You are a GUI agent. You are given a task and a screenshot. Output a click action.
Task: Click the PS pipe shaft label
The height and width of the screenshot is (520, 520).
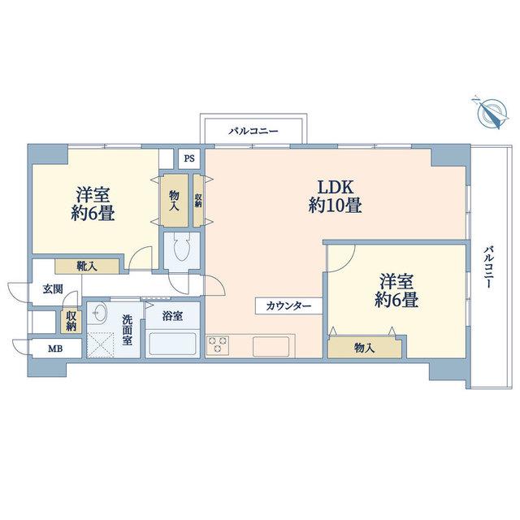189,158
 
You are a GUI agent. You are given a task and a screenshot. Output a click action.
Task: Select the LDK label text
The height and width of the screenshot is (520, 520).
336,188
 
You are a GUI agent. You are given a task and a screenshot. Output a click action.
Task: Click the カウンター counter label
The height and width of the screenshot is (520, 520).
289,305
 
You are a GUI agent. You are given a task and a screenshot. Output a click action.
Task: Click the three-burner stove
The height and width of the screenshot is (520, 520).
218,344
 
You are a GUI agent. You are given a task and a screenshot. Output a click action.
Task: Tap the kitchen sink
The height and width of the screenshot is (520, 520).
271,347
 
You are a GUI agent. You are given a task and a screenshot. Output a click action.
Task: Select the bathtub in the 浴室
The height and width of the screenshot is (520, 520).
173,344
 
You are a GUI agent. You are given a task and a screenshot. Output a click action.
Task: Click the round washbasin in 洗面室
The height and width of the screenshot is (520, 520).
98,312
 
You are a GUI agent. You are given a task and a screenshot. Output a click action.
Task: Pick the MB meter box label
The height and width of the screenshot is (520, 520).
55,349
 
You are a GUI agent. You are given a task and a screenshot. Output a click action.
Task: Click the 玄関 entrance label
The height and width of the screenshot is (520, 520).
53,289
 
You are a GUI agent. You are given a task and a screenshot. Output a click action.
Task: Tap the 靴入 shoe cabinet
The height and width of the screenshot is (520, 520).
87,266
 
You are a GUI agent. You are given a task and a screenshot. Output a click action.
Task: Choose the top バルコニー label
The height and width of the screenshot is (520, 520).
253,132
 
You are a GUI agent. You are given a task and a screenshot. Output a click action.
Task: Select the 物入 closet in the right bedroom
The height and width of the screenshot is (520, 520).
365,348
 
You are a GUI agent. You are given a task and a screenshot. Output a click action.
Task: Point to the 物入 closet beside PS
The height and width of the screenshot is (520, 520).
174,201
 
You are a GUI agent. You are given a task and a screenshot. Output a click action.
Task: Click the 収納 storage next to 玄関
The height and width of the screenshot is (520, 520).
71,322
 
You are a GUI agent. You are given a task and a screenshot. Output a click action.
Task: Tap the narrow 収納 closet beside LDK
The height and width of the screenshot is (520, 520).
198,201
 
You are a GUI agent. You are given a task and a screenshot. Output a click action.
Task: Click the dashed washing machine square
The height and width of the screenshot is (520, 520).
101,344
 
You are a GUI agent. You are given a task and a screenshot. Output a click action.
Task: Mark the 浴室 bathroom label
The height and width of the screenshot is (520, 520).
172,316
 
